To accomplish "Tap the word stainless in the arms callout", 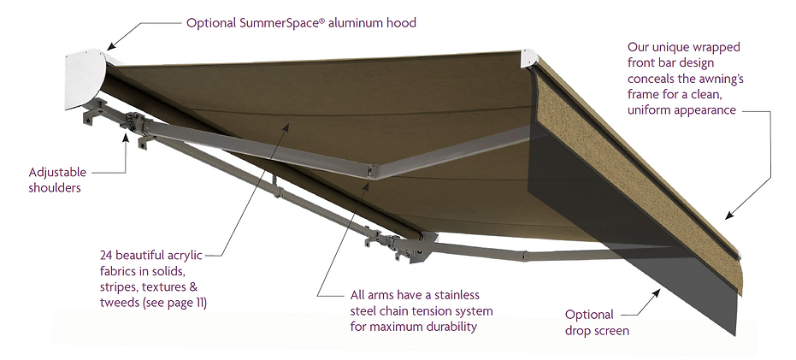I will pyautogui.click(x=465, y=293).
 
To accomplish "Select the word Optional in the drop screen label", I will pyautogui.click(x=591, y=314).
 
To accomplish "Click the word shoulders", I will pyautogui.click(x=54, y=187).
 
